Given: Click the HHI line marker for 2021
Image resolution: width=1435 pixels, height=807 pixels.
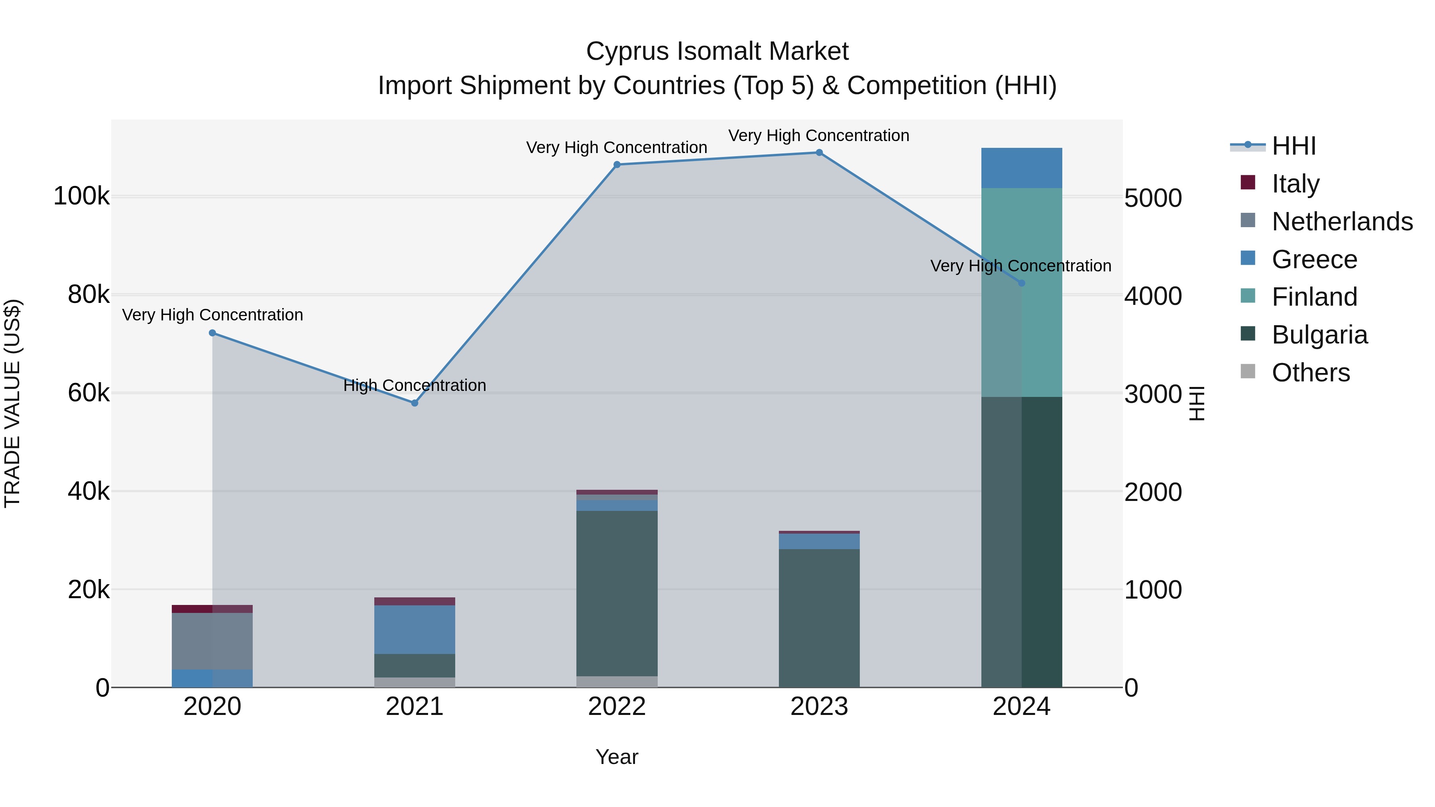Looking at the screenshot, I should (x=415, y=403).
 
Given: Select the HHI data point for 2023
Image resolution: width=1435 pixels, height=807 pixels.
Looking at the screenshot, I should (x=819, y=153).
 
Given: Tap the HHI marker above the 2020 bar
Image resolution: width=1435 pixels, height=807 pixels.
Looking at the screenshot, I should (x=212, y=333).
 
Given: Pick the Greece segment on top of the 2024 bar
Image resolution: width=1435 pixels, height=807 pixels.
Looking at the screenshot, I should (x=1021, y=168).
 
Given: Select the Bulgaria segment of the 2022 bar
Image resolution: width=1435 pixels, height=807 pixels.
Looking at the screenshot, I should (x=617, y=593).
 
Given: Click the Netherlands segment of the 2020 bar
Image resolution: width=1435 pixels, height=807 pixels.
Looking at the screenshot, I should (x=212, y=640).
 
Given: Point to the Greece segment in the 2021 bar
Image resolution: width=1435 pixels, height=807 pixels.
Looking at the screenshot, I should (x=415, y=629).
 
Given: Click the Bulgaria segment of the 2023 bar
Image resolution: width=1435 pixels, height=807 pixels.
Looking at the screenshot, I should (x=819, y=618).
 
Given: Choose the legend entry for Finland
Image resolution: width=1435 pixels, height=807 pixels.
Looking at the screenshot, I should (x=1314, y=297).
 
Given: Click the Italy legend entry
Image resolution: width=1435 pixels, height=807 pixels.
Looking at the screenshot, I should (x=1295, y=183).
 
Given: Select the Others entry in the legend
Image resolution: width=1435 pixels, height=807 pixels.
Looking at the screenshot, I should (x=1310, y=373).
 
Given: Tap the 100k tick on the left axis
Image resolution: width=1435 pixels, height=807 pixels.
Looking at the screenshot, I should (x=81, y=196).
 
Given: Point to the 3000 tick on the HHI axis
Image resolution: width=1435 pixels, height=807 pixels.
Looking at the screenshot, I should (x=1152, y=394).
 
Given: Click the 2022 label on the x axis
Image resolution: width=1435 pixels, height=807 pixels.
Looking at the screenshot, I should (x=617, y=707).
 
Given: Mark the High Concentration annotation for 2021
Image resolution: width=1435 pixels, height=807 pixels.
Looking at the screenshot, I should (x=415, y=385).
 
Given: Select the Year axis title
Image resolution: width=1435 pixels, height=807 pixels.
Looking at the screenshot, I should (x=617, y=757).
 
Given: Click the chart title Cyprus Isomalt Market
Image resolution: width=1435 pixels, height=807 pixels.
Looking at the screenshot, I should (x=717, y=51).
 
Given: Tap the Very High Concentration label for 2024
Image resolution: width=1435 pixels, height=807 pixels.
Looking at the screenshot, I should (x=1020, y=266).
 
